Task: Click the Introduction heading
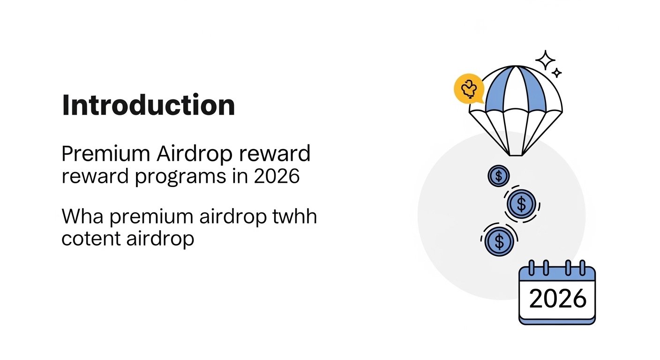coord(148,105)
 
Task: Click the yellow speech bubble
coord(468,88)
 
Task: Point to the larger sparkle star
coord(545,60)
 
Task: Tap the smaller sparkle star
coord(557,73)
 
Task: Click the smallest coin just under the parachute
coord(498,176)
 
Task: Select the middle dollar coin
coord(521,204)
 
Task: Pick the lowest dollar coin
coord(499,241)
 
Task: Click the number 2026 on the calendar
coord(557,298)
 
